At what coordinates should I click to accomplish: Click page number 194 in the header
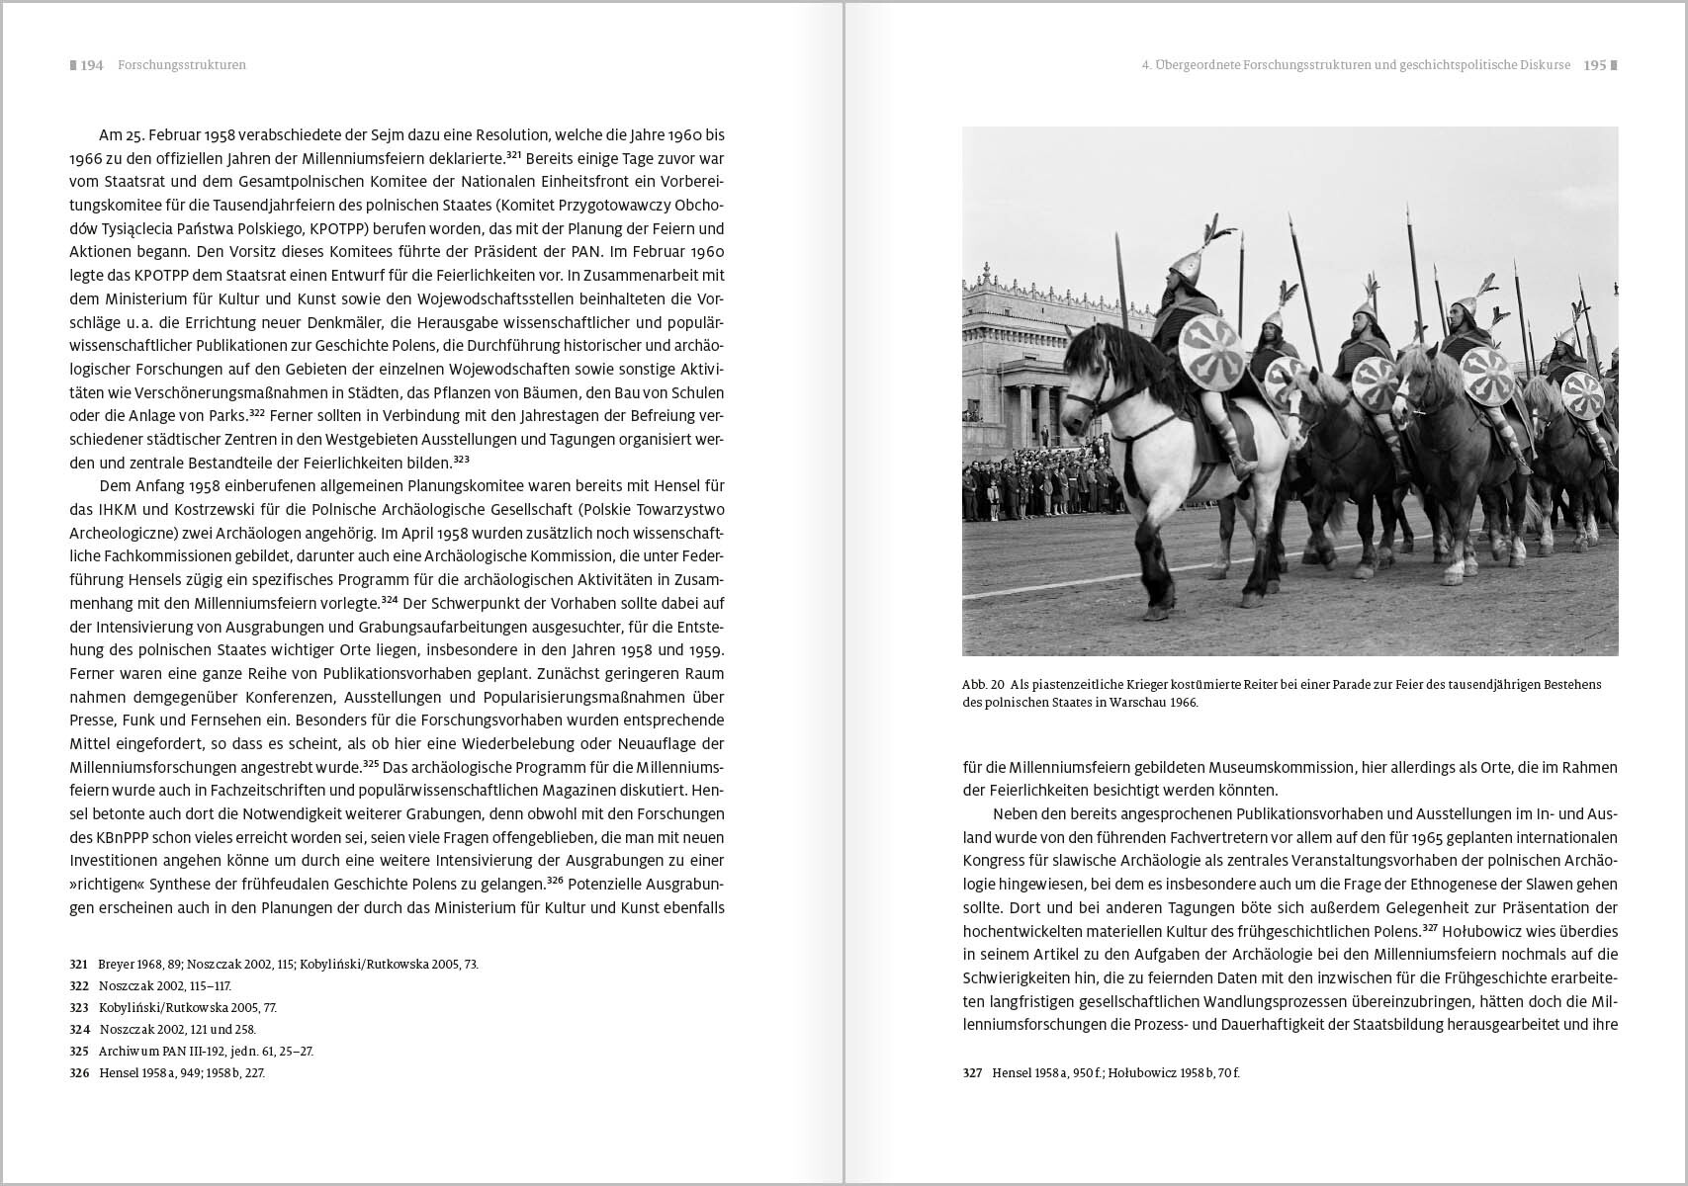[x=92, y=65]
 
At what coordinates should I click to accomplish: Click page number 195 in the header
[x=1594, y=65]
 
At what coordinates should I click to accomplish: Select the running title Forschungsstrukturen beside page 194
[x=182, y=65]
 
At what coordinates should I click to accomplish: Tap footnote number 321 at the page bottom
[x=78, y=964]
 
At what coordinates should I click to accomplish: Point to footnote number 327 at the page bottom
[x=972, y=1072]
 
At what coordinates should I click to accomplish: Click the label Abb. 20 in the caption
[x=983, y=684]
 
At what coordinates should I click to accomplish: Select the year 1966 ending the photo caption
[x=1181, y=703]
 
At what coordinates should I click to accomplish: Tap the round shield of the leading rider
[x=1211, y=352]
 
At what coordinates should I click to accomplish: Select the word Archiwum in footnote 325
[x=131, y=1051]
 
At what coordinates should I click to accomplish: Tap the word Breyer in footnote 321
[x=116, y=964]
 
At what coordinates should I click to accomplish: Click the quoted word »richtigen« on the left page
[x=107, y=885]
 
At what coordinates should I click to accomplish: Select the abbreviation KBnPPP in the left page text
[x=111, y=837]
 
